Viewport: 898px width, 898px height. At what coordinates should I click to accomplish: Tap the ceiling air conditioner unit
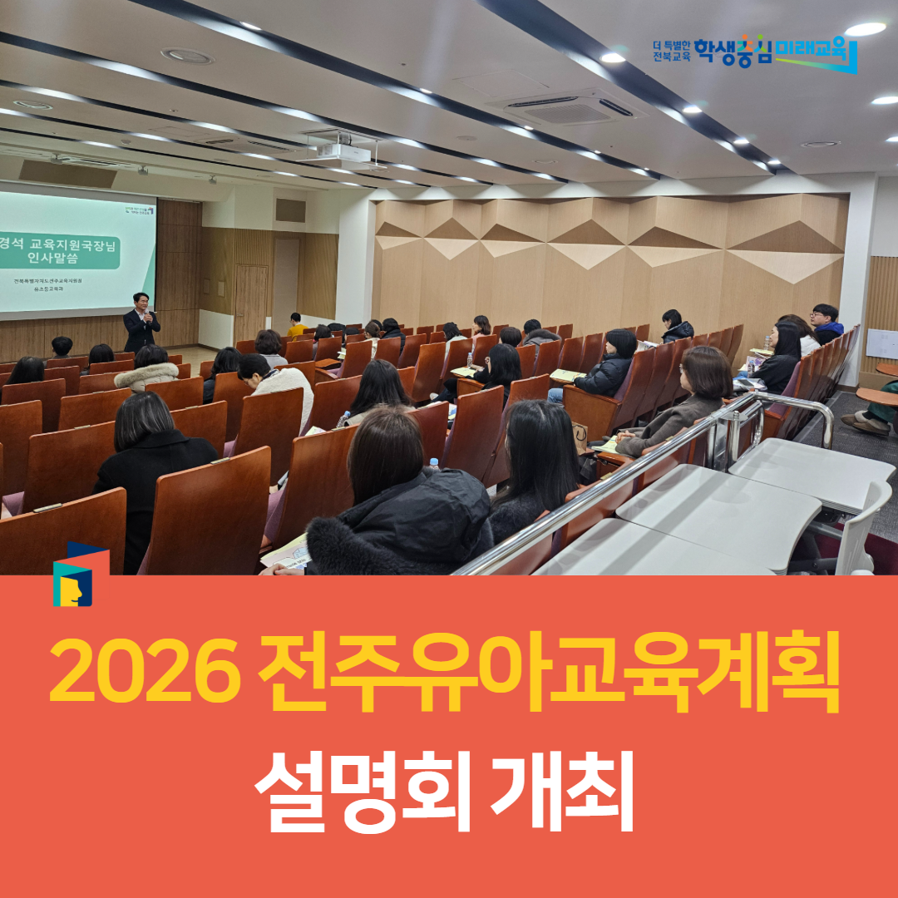(x=570, y=108)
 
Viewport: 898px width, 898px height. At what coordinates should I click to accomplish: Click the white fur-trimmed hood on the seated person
(x=146, y=376)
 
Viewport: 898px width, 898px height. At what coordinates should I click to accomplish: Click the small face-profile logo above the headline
(x=72, y=580)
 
